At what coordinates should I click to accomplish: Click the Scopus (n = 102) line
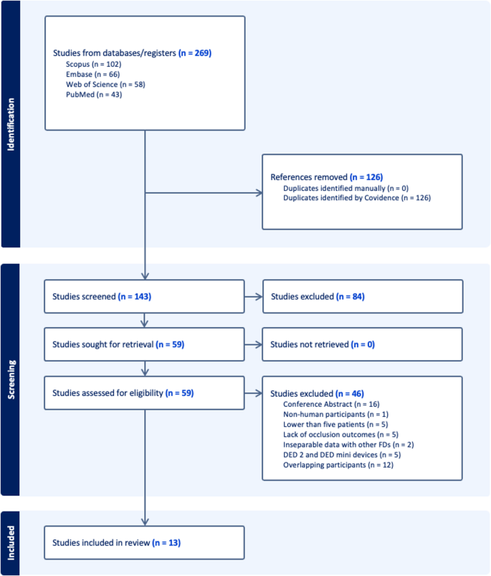pos(92,64)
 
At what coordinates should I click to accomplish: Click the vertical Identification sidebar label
pos(11,124)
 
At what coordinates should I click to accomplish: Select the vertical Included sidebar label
pos(11,543)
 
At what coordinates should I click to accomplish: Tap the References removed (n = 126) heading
pos(327,176)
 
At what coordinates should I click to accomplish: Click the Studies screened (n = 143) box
pos(144,296)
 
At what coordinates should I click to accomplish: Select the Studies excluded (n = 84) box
pos(362,296)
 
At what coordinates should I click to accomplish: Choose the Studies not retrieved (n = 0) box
pos(362,344)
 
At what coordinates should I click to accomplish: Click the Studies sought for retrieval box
pos(144,344)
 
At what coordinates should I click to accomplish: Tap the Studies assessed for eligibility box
pos(144,393)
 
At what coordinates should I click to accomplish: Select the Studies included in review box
pos(144,543)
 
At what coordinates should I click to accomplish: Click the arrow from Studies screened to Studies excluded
pos(253,296)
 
